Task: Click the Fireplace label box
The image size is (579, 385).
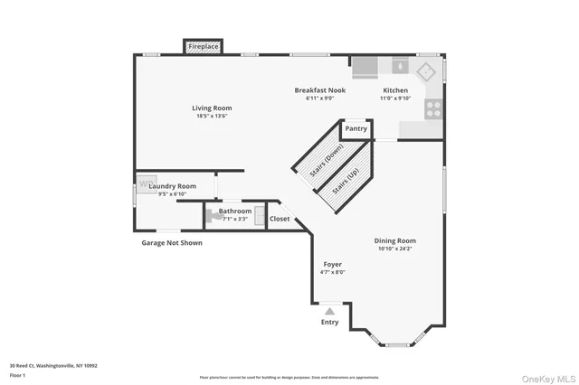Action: [203, 45]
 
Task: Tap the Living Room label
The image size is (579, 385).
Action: [212, 108]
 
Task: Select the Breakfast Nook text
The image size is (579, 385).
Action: [320, 90]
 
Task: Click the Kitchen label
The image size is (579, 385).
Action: [395, 90]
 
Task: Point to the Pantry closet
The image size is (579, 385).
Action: [356, 129]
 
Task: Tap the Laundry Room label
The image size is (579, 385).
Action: [172, 186]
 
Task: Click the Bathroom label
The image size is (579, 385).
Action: [234, 211]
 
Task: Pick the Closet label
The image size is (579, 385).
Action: [280, 219]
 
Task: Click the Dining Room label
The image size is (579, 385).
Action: [395, 241]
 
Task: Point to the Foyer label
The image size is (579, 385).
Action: [332, 265]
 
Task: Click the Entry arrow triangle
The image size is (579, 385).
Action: [330, 310]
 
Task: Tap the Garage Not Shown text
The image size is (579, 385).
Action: [172, 243]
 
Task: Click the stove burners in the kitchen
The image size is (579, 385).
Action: [432, 108]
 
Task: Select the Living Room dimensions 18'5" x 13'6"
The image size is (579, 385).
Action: [212, 116]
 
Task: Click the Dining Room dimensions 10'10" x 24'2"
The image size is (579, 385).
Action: [395, 249]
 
